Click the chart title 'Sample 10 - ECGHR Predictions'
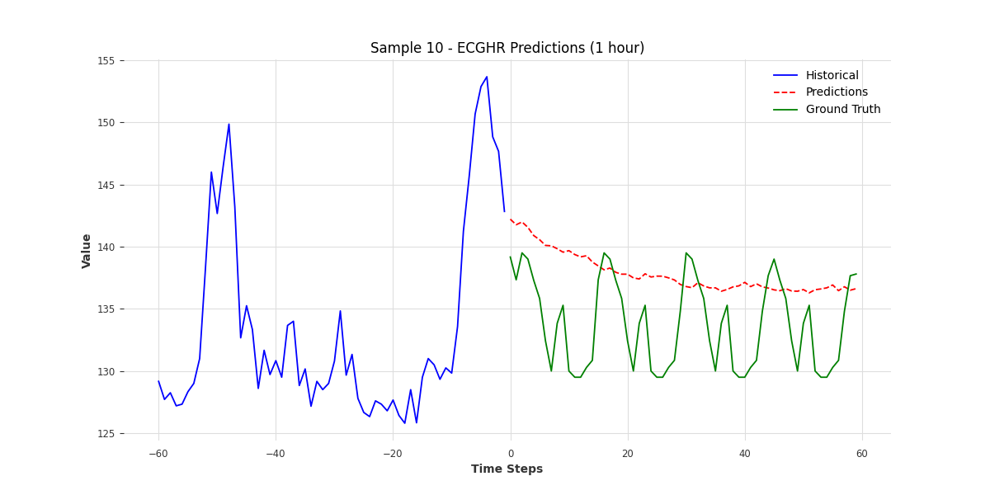point(507,48)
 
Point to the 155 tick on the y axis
point(107,60)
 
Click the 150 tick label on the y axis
point(107,123)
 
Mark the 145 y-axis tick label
point(107,185)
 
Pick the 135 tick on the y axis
point(107,309)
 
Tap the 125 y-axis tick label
point(107,434)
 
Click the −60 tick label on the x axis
point(158,454)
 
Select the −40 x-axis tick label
point(276,454)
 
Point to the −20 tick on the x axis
point(393,454)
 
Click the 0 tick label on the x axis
point(511,454)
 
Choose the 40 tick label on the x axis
point(745,454)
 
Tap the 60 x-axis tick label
point(862,454)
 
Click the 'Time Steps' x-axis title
point(507,469)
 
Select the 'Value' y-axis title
point(87,250)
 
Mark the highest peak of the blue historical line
point(487,77)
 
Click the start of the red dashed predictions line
point(511,219)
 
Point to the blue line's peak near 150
point(229,125)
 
